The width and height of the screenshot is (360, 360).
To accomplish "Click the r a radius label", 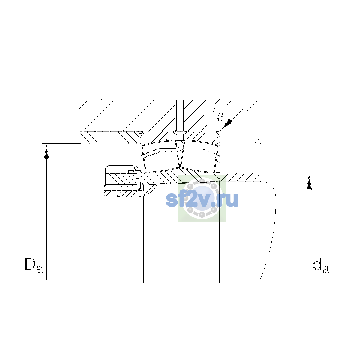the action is [x=217, y=114].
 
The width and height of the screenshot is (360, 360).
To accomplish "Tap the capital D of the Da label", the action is [x=30, y=264].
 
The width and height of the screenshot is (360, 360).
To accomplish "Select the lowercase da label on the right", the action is [x=321, y=266].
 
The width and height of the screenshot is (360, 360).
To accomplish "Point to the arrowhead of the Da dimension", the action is [x=46, y=153].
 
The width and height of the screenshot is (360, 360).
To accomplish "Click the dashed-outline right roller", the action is [x=199, y=161].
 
